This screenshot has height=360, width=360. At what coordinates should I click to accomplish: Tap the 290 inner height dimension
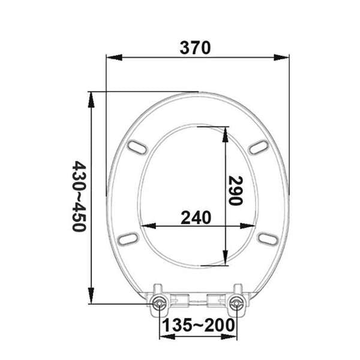[235, 190]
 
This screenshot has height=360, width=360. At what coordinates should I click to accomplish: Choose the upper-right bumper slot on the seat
[259, 148]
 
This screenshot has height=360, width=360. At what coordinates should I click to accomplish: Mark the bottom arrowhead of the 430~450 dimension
[92, 300]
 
